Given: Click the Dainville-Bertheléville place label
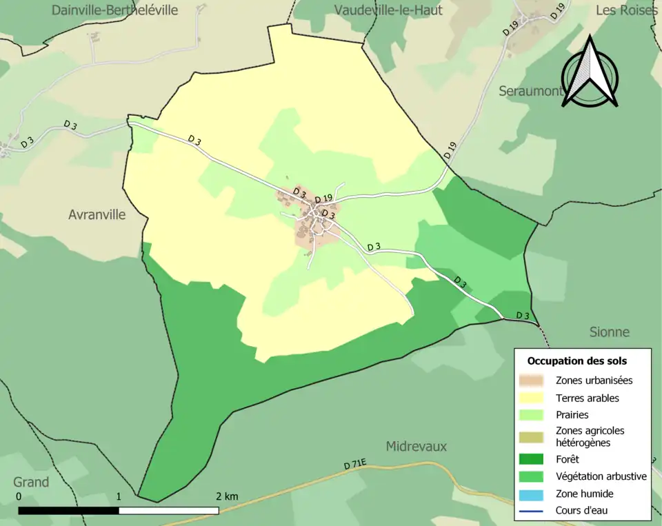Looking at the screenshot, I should [x=114, y=10].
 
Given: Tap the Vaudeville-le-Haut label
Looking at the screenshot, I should [x=388, y=10].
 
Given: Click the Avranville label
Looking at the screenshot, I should [x=97, y=214].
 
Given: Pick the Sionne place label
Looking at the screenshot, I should [x=609, y=332].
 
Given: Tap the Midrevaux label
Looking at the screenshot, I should [x=417, y=446].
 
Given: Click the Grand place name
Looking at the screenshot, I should [x=31, y=482].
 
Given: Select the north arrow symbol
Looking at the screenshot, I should [x=590, y=74].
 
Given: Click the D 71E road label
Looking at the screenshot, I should [x=355, y=466].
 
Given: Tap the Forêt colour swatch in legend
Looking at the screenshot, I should [x=532, y=459].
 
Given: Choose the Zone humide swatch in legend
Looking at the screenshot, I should [x=532, y=494].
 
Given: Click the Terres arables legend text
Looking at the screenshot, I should [x=587, y=398].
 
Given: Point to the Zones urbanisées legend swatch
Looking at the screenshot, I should [x=532, y=381].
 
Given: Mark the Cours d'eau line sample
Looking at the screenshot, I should [x=532, y=511].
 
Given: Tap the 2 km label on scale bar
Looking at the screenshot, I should [x=226, y=496].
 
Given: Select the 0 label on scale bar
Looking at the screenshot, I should [x=19, y=496].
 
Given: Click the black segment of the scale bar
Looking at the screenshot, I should [x=68, y=511].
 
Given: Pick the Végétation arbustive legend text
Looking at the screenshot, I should [x=601, y=476].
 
